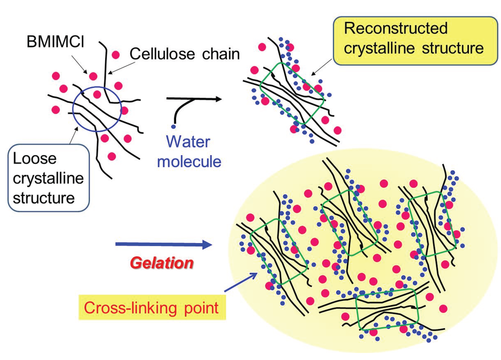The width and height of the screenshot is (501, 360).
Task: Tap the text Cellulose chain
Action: point(185,54)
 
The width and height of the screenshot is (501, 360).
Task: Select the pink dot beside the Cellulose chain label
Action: point(116,53)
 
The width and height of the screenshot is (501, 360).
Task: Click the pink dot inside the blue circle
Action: point(97,94)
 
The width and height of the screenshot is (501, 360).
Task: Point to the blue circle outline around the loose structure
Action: point(73,105)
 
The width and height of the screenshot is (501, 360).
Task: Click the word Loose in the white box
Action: point(28,158)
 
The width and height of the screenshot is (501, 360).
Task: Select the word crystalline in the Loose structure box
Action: point(48,178)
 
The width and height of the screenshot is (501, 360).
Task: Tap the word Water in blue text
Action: point(188,142)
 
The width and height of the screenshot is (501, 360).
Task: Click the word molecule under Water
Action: point(189,161)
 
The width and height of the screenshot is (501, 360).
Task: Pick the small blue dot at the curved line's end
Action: point(173,127)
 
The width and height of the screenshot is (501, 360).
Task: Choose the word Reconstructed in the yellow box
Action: point(395,28)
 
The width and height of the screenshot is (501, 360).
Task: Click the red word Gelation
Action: point(161,263)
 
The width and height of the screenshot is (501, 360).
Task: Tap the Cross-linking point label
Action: point(151,308)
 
